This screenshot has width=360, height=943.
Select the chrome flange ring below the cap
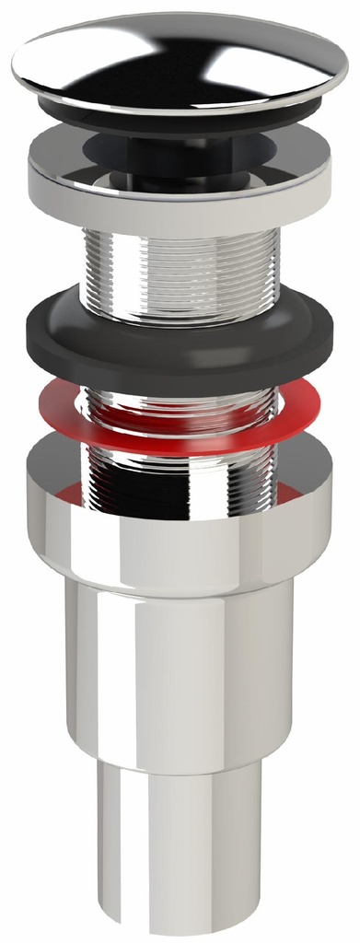tap(180, 189)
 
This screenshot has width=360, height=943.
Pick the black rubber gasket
tap(180, 345)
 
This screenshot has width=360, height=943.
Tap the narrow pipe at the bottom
tap(180, 847)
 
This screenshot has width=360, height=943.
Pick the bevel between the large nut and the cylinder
tap(180, 577)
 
